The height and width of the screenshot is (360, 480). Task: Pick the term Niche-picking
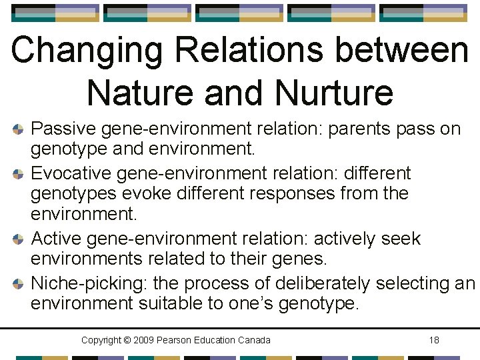89,283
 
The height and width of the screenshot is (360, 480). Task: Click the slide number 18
434,340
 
